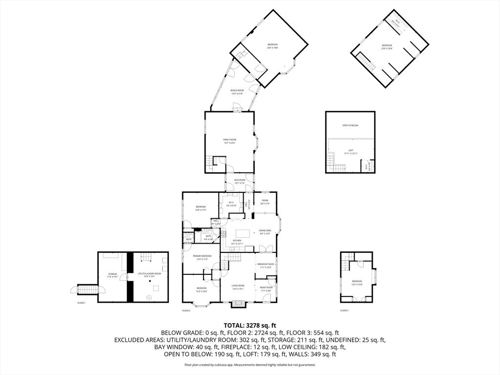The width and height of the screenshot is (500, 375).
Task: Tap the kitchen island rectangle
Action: pyautogui.click(x=243, y=233)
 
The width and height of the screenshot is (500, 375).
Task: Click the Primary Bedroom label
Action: pyautogui.click(x=202, y=257)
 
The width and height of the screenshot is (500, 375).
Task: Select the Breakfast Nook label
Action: pyautogui.click(x=267, y=265)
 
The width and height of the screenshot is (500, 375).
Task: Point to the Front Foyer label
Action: pyautogui.click(x=266, y=289)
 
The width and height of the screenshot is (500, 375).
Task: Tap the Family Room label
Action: pyautogui.click(x=229, y=141)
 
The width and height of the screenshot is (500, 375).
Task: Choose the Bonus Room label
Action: pyautogui.click(x=237, y=92)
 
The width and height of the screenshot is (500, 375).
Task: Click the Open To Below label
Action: pyautogui.click(x=350, y=125)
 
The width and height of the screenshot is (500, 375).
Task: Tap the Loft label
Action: pyautogui.click(x=351, y=152)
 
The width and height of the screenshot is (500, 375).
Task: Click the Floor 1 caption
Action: pyautogui.click(x=81, y=303)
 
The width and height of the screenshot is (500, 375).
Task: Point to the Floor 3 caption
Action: pyautogui.click(x=345, y=310)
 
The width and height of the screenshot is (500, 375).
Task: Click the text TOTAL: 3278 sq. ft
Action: pyautogui.click(x=250, y=325)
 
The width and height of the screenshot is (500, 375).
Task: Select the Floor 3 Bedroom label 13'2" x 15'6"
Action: pyautogui.click(x=357, y=282)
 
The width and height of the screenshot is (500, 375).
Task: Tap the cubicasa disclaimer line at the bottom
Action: pyautogui.click(x=250, y=365)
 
